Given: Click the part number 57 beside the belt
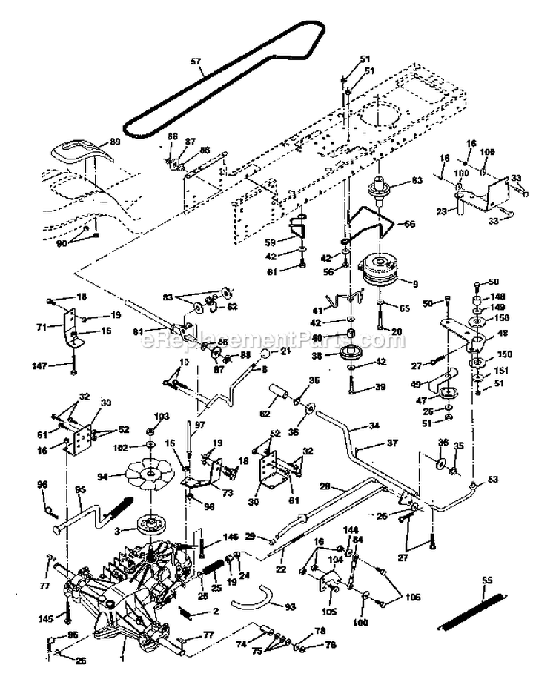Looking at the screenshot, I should tap(196, 62).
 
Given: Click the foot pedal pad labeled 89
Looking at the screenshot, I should tap(77, 153).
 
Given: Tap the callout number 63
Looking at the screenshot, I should tap(417, 180).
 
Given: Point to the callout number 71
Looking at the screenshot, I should tap(42, 325).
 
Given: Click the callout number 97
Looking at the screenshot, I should tap(199, 423).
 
